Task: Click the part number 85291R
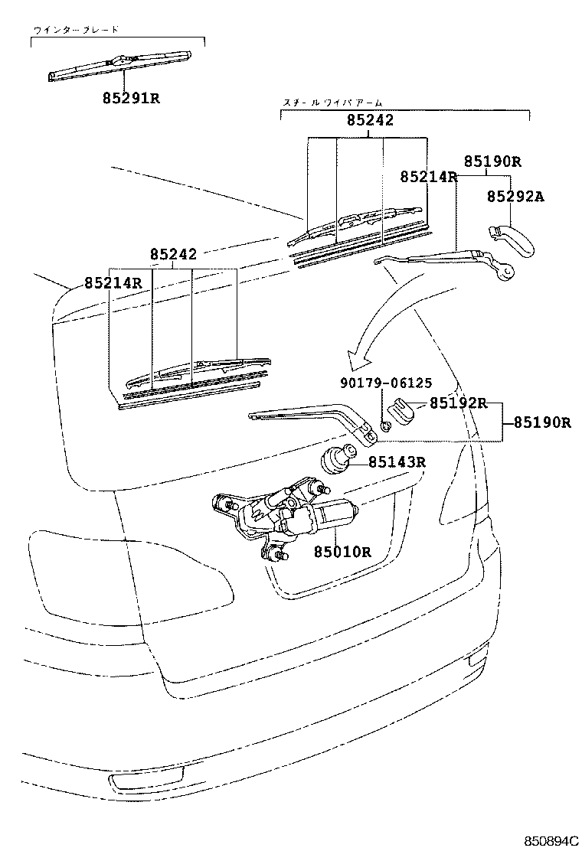coord(131,99)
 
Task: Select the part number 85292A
coord(515,197)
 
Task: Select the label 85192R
coord(458,403)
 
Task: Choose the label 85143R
coord(397,461)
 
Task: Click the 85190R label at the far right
coord(541,422)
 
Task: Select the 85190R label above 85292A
coord(492,161)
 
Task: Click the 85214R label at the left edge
coord(113,282)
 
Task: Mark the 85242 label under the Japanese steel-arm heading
coord(370,120)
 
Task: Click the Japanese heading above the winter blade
coord(76,31)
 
